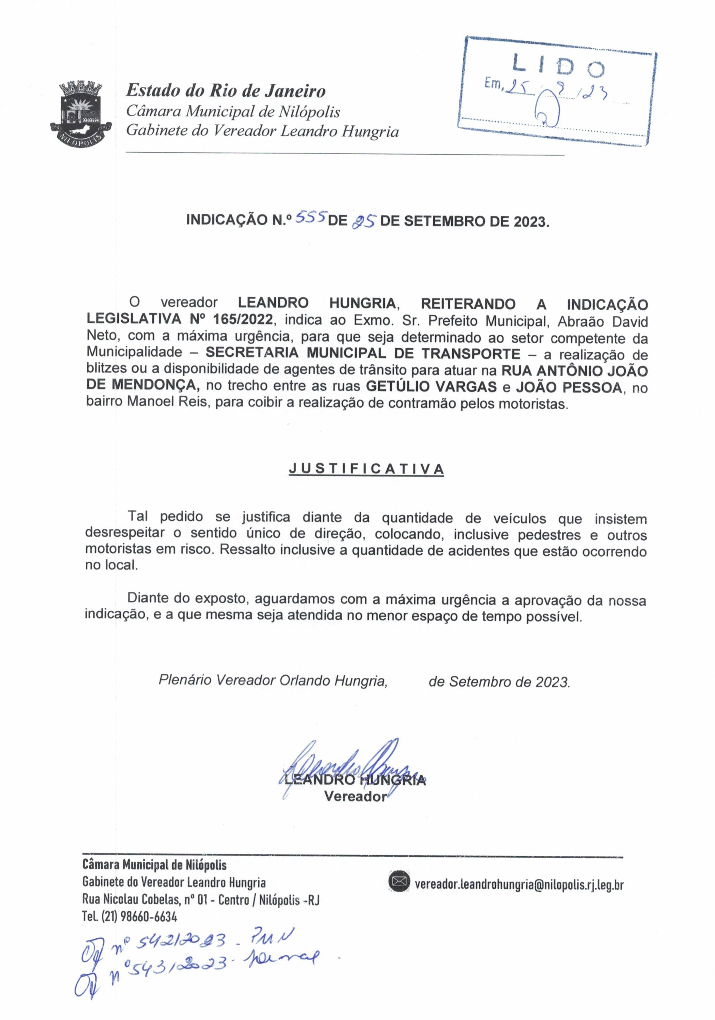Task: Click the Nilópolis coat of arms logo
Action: pos(81,112)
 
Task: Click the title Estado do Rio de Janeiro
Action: pos(226,91)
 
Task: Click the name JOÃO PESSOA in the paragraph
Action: pos(568,386)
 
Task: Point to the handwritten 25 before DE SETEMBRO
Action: pos(364,221)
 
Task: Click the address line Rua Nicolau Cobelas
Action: pos(200,900)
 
